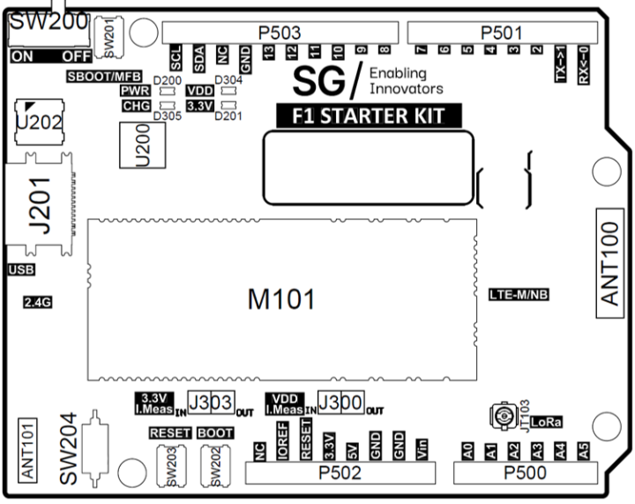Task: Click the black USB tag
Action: tap(21, 269)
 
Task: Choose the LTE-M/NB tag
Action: tap(519, 294)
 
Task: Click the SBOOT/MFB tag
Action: tap(101, 77)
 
